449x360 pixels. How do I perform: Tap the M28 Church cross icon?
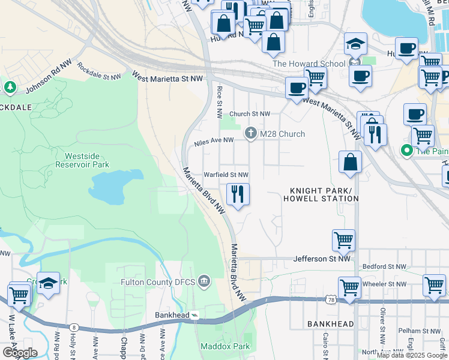click(x=251, y=134)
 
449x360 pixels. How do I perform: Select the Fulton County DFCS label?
click(x=158, y=281)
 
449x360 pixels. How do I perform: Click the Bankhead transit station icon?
click(x=196, y=315)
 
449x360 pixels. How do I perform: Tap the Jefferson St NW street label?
click(x=321, y=259)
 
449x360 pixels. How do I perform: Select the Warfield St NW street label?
click(x=226, y=175)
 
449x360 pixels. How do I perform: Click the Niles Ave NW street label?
click(x=213, y=142)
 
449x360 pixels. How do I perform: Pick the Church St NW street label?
click(x=250, y=113)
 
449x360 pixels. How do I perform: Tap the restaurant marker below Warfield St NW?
click(x=238, y=194)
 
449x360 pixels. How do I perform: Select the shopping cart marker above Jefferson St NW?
click(x=343, y=241)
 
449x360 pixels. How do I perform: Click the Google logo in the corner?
click(x=20, y=352)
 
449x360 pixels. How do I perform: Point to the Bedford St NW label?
click(x=386, y=266)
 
